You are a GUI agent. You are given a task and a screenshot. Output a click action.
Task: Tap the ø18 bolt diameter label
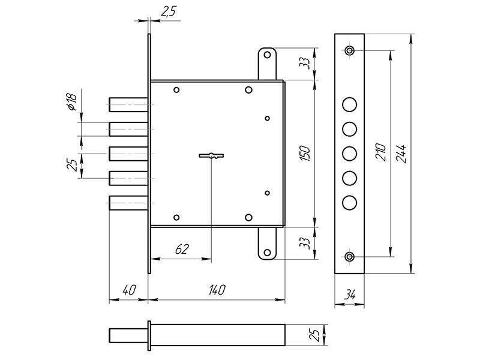[70, 103]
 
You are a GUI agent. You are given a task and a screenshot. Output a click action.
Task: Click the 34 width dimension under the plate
[349, 295]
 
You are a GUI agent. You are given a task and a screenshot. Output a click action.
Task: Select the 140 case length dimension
[217, 290]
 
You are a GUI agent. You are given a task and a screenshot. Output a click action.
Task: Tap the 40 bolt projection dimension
[128, 290]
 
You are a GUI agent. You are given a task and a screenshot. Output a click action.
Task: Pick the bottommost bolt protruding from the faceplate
[127, 203]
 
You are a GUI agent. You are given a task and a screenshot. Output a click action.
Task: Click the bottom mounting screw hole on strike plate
[349, 257]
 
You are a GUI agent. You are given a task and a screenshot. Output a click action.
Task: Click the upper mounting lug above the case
[267, 63]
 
